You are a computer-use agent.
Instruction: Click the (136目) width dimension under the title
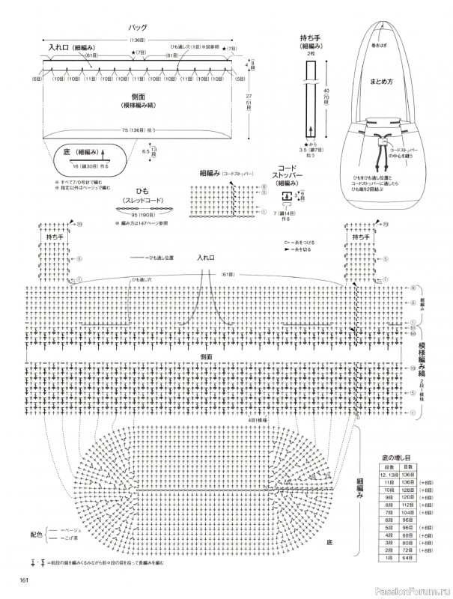pyautogui.click(x=138, y=40)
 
